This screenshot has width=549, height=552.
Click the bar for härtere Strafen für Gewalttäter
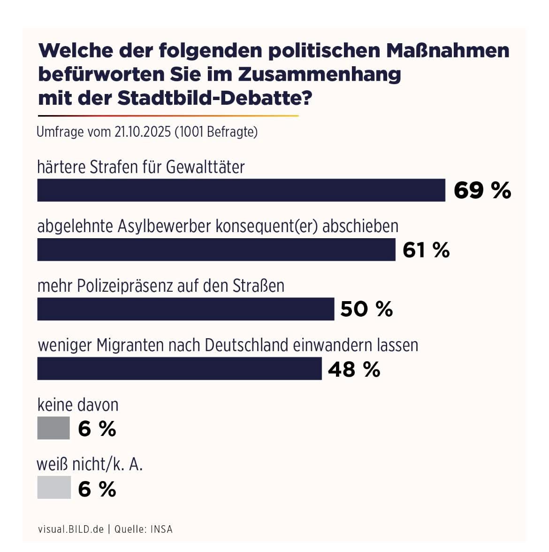[x=241, y=190]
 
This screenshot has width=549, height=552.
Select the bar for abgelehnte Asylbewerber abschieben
[x=216, y=249]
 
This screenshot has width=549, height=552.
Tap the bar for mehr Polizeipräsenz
[x=186, y=309]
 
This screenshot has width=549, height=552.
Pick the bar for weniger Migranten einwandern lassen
[x=180, y=368]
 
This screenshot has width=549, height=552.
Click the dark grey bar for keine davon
[x=53, y=428]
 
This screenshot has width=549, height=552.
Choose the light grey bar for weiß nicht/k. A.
[x=54, y=488]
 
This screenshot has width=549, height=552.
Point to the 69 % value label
[x=482, y=190]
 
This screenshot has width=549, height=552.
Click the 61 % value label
[x=426, y=250]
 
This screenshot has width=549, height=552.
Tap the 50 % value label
[x=366, y=309]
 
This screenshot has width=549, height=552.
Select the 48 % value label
[x=354, y=369]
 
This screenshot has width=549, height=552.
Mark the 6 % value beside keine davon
[x=97, y=428]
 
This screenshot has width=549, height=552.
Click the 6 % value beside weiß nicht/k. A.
[x=97, y=489]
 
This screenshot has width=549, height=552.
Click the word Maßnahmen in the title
[x=448, y=51]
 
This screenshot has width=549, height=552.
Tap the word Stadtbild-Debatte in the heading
[x=214, y=98]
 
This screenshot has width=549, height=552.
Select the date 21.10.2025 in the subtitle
[x=143, y=132]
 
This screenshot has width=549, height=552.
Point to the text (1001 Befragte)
[x=216, y=132]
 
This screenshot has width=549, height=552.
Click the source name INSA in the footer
[x=162, y=529]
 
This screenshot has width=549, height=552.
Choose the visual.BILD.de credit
[x=71, y=529]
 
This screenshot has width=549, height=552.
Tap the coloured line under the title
[x=168, y=116]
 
